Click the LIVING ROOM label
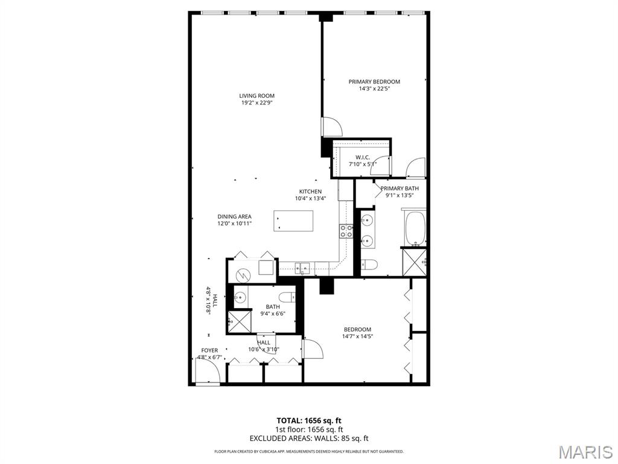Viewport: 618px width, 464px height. click(256, 95)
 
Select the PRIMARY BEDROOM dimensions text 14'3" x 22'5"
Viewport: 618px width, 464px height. click(374, 89)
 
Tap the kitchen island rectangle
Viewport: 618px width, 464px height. click(294, 221)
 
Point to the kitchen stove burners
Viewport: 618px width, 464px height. click(346, 231)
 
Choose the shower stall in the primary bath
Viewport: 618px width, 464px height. click(414, 262)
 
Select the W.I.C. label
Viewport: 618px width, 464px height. click(362, 157)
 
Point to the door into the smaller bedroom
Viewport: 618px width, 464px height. click(313, 349)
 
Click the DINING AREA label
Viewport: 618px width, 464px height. click(234, 216)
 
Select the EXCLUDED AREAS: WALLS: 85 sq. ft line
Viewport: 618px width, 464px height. click(308, 439)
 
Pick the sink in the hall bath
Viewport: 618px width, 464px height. click(240, 297)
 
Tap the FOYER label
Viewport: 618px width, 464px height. click(209, 350)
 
